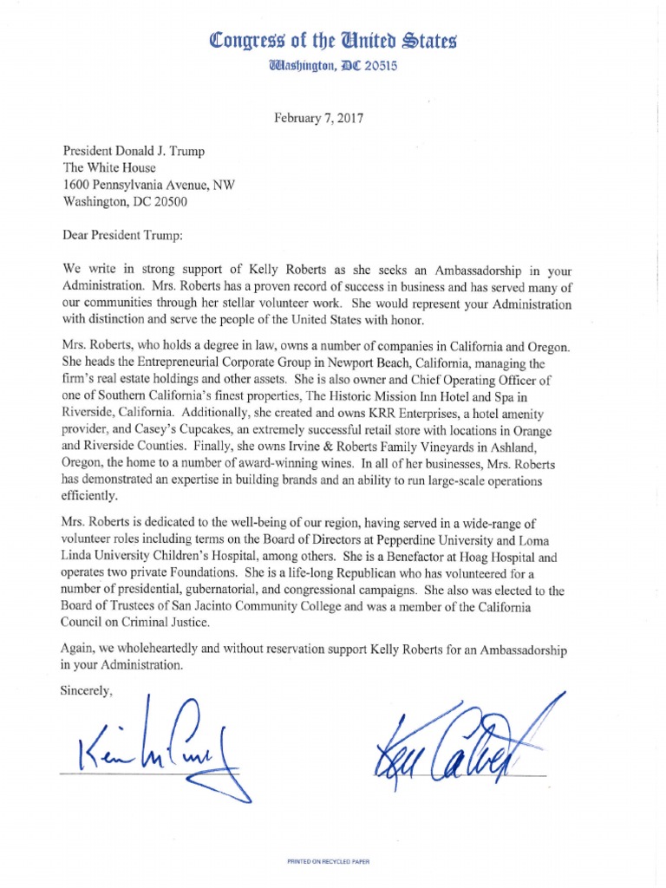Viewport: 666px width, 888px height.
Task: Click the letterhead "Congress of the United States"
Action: (x=333, y=41)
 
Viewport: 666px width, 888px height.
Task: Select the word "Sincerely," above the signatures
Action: (x=88, y=691)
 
